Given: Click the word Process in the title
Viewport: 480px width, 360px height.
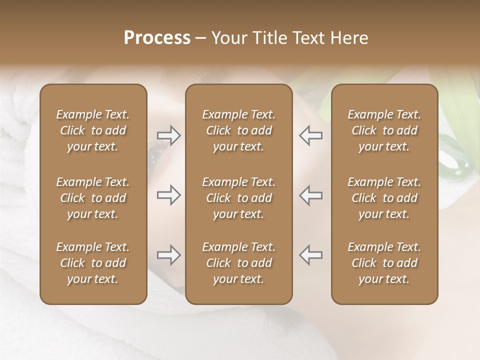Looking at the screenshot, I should [157, 38].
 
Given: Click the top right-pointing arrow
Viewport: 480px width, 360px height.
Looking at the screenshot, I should [168, 135].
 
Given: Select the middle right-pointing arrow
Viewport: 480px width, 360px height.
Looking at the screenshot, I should [168, 195].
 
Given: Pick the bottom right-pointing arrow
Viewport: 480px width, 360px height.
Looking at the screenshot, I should [168, 255].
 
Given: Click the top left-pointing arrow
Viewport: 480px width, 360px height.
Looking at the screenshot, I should [310, 135].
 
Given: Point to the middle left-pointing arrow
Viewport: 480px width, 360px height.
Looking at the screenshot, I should [310, 195].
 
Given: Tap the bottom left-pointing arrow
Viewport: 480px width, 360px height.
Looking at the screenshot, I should [310, 255].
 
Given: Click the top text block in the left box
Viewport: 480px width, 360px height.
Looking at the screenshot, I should [93, 130].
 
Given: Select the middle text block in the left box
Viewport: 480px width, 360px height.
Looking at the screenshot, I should [93, 198].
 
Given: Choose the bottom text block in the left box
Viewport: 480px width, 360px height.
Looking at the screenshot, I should [93, 263].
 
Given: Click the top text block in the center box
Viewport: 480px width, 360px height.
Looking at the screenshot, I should [238, 130].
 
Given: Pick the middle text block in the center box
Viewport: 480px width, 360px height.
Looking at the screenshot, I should [238, 198].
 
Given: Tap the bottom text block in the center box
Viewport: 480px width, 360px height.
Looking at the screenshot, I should [238, 263].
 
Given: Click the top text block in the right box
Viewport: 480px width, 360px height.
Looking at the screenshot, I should [384, 130].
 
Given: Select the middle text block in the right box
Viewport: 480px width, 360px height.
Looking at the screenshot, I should [384, 198].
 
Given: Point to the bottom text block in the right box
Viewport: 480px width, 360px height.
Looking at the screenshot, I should [384, 263].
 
